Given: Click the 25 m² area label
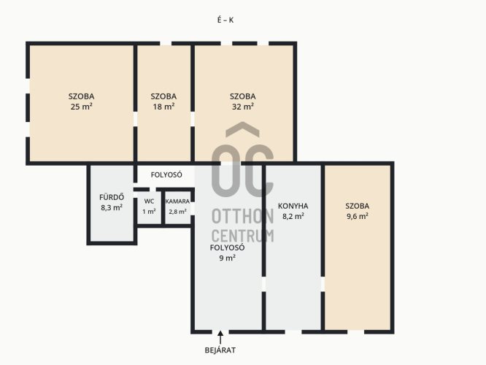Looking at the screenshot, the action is pyautogui.click(x=82, y=107).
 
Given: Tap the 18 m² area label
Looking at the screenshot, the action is pyautogui.click(x=163, y=107).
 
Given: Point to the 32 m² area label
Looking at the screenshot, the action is pyautogui.click(x=243, y=107).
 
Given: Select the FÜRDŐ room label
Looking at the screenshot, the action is pyautogui.click(x=112, y=197).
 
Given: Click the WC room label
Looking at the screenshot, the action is pyautogui.click(x=149, y=201).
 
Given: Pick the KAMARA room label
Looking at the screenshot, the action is pyautogui.click(x=177, y=201).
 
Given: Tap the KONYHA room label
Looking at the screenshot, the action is pyautogui.click(x=293, y=206).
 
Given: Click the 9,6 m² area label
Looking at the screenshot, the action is pyautogui.click(x=358, y=216).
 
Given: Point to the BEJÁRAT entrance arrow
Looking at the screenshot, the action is pyautogui.click(x=220, y=337).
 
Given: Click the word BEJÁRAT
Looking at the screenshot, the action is pyautogui.click(x=220, y=350).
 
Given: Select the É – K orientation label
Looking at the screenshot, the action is pyautogui.click(x=225, y=20).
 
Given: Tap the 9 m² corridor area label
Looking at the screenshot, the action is pyautogui.click(x=228, y=258).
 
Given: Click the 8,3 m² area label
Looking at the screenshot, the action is pyautogui.click(x=112, y=207).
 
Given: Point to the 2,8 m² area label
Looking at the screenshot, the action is pyautogui.click(x=177, y=212).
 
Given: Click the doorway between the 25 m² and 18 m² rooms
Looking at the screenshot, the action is pyautogui.click(x=136, y=119).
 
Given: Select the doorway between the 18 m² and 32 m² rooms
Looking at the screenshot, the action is pyautogui.click(x=193, y=119).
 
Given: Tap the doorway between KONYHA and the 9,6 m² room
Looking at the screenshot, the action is pyautogui.click(x=323, y=284).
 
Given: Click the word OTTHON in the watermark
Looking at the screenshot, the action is pyautogui.click(x=243, y=216).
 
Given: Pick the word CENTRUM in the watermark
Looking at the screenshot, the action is pyautogui.click(x=243, y=236).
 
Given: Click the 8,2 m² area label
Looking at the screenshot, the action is pyautogui.click(x=293, y=216).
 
